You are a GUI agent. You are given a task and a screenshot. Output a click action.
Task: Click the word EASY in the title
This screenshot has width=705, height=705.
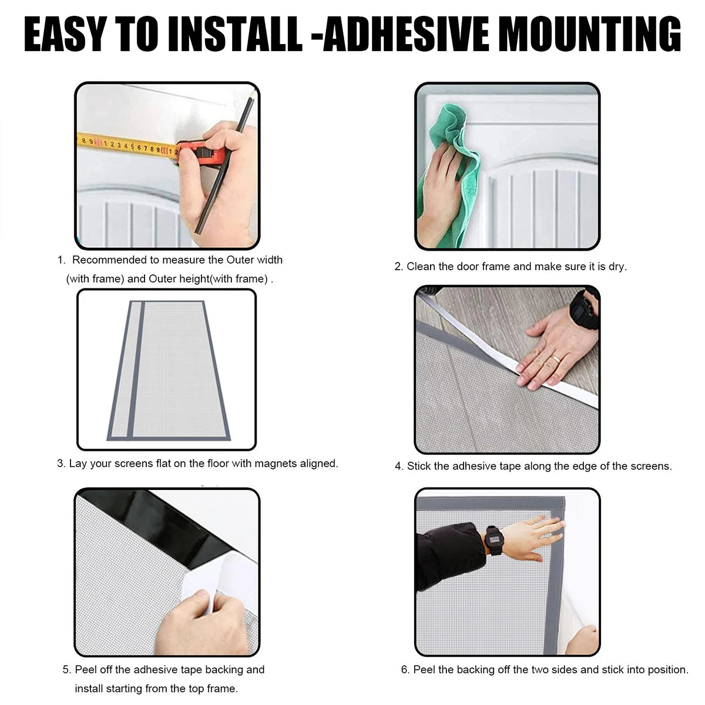pyautogui.click(x=65, y=35)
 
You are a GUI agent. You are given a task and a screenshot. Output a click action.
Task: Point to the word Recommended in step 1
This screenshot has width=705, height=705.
pyautogui.click(x=111, y=260)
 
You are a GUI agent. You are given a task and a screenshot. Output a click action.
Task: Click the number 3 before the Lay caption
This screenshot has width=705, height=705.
pyautogui.click(x=61, y=464)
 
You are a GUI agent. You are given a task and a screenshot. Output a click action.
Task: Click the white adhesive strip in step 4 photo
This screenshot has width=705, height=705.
pyautogui.click(x=509, y=352)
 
